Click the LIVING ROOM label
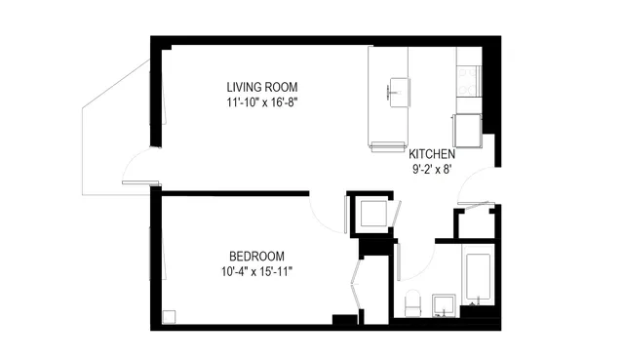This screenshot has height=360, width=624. [261, 86]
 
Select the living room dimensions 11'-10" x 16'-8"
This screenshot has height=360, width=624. [261, 100]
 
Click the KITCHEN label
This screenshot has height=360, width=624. [431, 154]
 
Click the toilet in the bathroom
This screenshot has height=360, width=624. [411, 302]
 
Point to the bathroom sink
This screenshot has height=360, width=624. [443, 304]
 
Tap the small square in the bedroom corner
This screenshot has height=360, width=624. [170, 316]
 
